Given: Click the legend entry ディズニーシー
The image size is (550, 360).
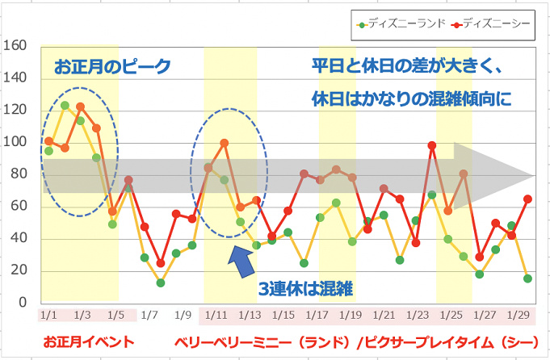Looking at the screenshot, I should (x=492, y=23).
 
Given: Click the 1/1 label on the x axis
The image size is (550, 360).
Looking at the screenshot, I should (x=47, y=313).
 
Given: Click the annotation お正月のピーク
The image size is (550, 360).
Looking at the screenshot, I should (x=112, y=68).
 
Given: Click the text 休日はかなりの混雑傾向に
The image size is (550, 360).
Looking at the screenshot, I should (x=413, y=98).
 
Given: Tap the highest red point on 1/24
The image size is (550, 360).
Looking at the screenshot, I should (x=432, y=145).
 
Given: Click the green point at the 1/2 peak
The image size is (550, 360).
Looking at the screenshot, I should (x=65, y=106).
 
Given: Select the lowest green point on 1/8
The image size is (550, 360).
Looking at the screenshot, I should (x=160, y=283).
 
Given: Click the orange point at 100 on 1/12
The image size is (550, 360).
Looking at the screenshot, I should (x=225, y=143).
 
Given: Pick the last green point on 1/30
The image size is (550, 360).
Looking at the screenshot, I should (x=527, y=278).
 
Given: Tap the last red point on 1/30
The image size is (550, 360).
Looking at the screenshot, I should (x=528, y=199).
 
